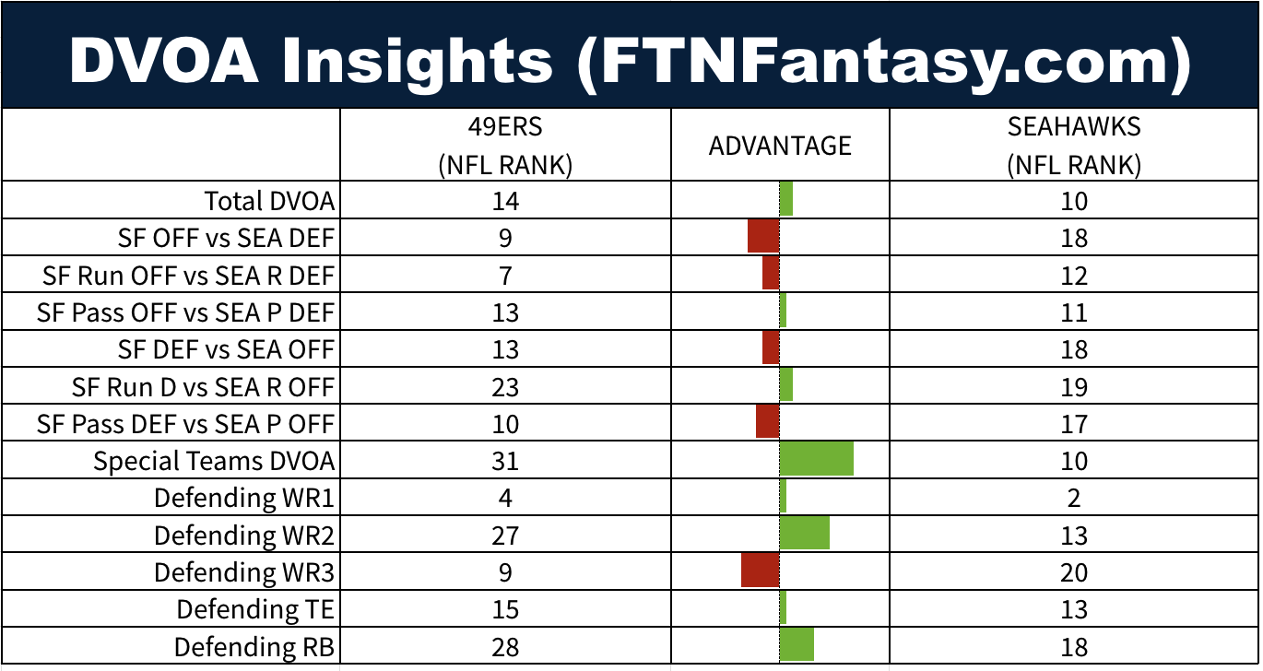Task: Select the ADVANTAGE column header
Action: coord(780,146)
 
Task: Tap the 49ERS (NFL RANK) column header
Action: coord(505,146)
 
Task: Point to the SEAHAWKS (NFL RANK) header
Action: coord(1074,146)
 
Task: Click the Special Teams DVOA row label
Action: coord(214,461)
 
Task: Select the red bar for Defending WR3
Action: coord(761,571)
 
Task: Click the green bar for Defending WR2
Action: coord(805,534)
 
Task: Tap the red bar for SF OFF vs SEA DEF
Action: coord(763,237)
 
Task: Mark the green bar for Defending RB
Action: coord(797,644)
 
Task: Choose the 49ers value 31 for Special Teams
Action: coord(505,461)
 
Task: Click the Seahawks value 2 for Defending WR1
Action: coord(1074,499)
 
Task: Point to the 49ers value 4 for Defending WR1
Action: coord(505,499)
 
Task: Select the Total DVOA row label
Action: coord(269,201)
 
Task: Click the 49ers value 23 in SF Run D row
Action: coord(505,387)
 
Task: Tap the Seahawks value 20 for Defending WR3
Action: coord(1074,572)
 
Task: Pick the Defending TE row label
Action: coord(255,609)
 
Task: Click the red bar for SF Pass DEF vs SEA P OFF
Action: coord(768,422)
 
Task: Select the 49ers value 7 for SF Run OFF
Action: coord(505,276)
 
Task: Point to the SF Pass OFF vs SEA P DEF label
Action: coord(185,312)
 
